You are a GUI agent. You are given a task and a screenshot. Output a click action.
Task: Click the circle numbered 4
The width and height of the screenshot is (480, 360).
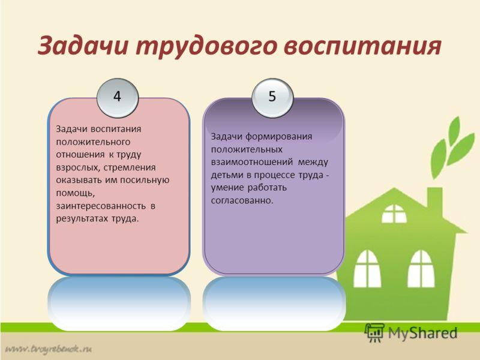point(118,98)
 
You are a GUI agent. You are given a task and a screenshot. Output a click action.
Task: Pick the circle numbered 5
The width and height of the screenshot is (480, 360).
point(272,98)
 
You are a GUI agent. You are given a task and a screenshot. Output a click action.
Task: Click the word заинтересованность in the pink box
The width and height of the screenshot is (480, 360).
point(101,206)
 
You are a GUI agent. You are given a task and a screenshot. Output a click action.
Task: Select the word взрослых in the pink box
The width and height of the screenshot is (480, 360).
point(79,168)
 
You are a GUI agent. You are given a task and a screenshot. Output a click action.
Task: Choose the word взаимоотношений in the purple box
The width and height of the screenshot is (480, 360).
point(252,162)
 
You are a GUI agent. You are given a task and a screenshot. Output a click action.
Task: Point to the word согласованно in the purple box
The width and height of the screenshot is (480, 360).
point(242,200)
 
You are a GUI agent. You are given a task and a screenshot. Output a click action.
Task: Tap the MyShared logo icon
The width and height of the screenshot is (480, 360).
point(374,332)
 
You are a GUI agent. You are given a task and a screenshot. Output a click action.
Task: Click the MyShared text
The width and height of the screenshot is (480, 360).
point(423,333)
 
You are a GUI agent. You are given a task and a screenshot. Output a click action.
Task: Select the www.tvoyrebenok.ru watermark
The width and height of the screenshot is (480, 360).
point(49,349)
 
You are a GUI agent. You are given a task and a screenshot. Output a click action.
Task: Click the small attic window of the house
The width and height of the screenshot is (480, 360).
point(394,214)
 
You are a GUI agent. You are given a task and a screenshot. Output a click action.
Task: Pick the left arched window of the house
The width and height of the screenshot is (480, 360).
point(367,269)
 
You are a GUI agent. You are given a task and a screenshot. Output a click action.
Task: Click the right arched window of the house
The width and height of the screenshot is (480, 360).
point(421,269)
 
